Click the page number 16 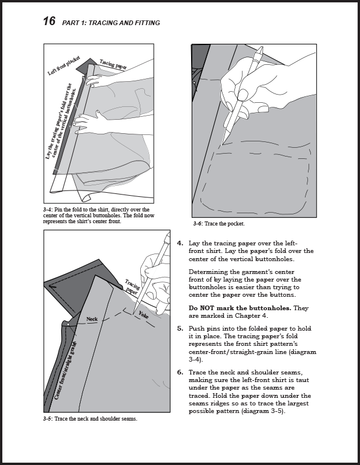pos(49,22)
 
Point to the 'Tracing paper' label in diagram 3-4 pos(113,64)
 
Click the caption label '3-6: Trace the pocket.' pos(219,224)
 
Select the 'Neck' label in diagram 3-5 pos(92,319)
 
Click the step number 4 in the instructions pos(180,243)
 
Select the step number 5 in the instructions pos(180,328)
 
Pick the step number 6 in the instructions pos(180,372)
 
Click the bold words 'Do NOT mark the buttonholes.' pos(240,308)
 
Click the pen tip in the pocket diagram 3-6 pos(223,143)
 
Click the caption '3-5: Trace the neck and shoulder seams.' pos(90,419)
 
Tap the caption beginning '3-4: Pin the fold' pos(96,216)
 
